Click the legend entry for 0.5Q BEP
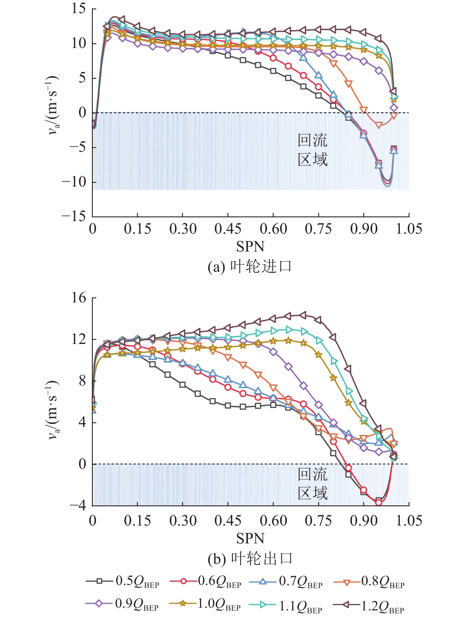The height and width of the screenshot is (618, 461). click(x=123, y=581)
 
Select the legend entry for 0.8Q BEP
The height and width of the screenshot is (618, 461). click(x=369, y=581)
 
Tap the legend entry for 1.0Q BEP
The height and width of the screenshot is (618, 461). click(x=205, y=604)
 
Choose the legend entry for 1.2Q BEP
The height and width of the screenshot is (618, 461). click(x=369, y=604)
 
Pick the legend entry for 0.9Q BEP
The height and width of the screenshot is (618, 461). click(x=123, y=604)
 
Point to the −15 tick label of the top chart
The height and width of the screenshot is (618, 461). click(x=74, y=216)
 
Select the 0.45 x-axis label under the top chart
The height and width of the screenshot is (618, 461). click(x=228, y=229)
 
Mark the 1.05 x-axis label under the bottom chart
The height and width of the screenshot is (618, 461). click(x=409, y=521)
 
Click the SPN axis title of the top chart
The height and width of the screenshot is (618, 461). click(x=250, y=247)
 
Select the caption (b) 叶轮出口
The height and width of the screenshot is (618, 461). click(x=250, y=559)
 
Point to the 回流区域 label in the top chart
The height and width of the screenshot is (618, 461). click(x=312, y=150)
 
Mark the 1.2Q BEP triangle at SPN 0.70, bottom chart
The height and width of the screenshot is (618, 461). click(x=303, y=315)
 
